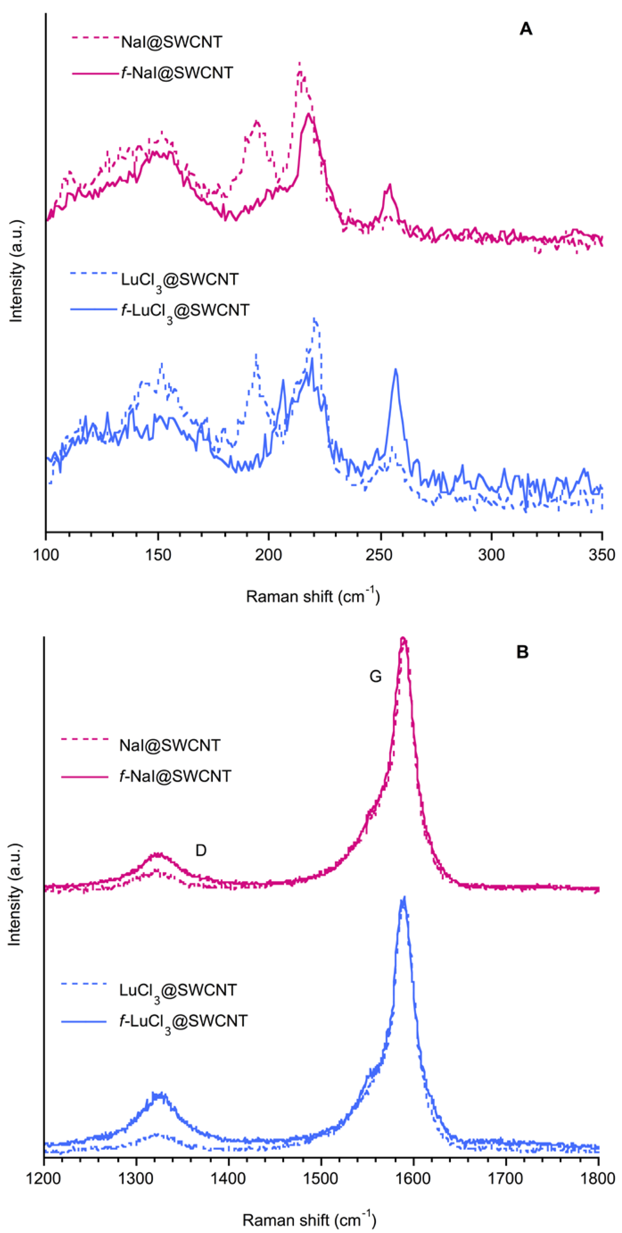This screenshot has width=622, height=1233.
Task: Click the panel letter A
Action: pos(525,29)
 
